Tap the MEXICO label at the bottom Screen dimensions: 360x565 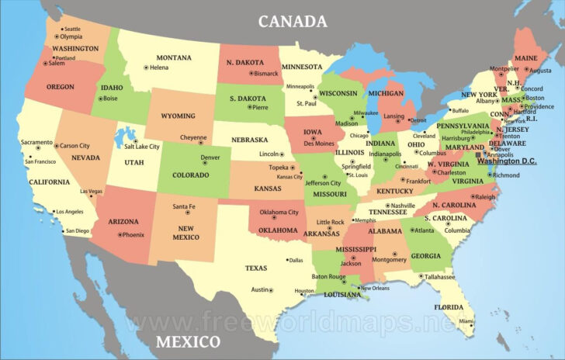[x=188, y=342]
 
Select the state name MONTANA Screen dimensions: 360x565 [x=174, y=57]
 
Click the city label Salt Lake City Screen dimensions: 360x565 [x=142, y=147]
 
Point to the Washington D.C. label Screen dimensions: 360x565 [x=508, y=161]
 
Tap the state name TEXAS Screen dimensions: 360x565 [x=256, y=268]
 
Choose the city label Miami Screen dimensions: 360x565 [x=466, y=321]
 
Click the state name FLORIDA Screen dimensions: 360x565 [x=449, y=307]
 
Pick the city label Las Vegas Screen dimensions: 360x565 [x=91, y=192]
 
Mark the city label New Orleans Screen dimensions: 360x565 [x=375, y=289]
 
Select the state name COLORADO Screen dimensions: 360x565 [x=190, y=175]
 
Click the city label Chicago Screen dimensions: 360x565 [x=359, y=136]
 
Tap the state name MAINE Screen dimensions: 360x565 [x=525, y=58]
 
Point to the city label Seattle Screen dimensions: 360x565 [x=72, y=29]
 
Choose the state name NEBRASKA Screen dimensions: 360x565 [x=250, y=140]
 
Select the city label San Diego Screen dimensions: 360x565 [x=78, y=230]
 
